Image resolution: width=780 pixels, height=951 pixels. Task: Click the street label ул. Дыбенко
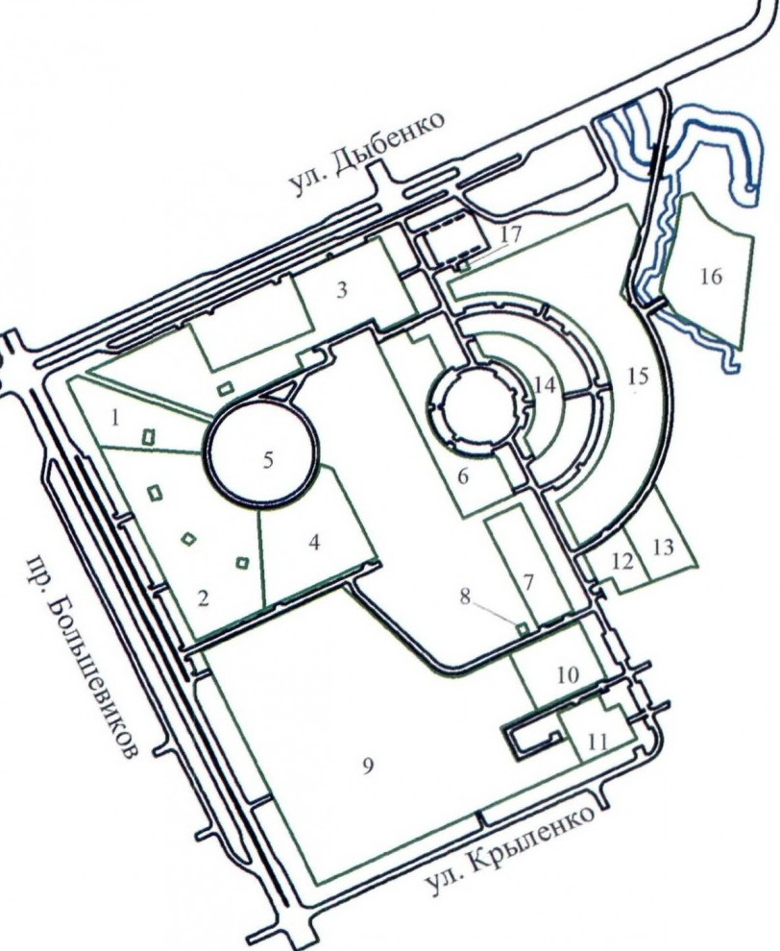[x=366, y=154]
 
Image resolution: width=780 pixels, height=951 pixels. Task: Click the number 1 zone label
[x=116, y=418]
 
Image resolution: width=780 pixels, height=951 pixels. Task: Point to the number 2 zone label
[x=204, y=598]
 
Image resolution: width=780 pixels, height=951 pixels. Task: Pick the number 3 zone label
[x=342, y=290]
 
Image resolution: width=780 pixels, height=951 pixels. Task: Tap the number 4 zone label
[x=313, y=542]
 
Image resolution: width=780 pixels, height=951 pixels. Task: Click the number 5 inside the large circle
[x=267, y=460]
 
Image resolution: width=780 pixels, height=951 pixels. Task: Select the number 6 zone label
[x=463, y=476]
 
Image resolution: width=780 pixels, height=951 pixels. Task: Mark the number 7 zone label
[x=528, y=582]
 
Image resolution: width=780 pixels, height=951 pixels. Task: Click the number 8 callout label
[x=465, y=597]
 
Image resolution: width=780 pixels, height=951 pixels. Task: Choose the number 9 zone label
[x=368, y=766]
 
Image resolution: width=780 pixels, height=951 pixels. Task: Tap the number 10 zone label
[x=568, y=674]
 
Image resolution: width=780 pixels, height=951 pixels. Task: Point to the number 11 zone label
[x=597, y=742]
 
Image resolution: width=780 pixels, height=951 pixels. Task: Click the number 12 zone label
[x=622, y=562]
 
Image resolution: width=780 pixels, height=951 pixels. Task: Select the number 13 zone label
[x=663, y=548]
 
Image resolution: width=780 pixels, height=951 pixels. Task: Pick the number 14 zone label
[x=545, y=385]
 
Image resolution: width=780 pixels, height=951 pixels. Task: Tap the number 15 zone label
[x=637, y=378]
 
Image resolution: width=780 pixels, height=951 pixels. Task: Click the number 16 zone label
[x=711, y=277]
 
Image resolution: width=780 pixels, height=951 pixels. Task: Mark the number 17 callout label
[x=510, y=234]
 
